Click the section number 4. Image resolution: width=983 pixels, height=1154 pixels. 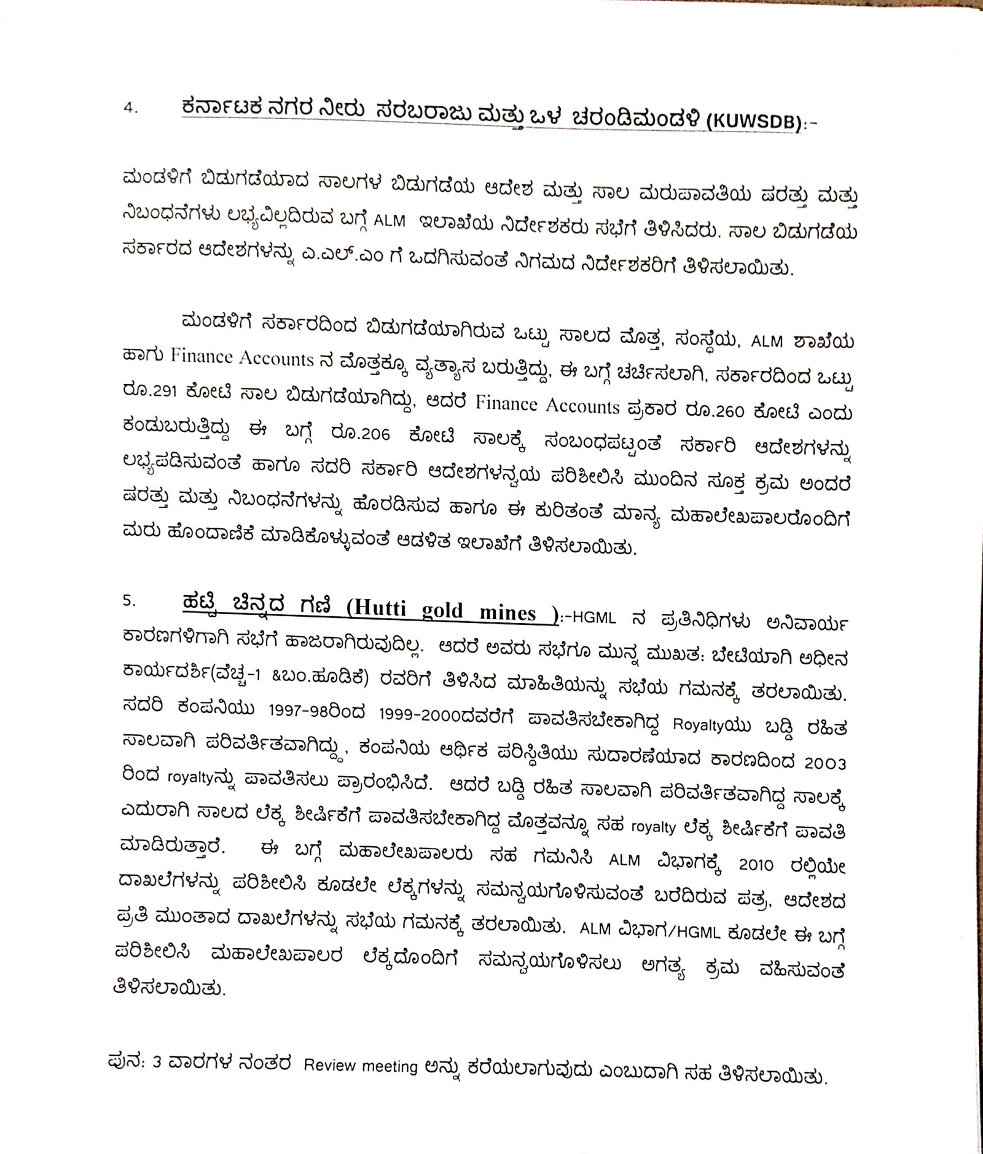pyautogui.click(x=131, y=108)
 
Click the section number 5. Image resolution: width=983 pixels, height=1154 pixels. pyautogui.click(x=130, y=601)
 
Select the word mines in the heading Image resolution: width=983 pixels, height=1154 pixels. pyautogui.click(x=507, y=613)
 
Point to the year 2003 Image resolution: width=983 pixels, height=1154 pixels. pyautogui.click(x=825, y=763)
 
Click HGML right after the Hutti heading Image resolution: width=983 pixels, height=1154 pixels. pyautogui.click(x=593, y=618)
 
